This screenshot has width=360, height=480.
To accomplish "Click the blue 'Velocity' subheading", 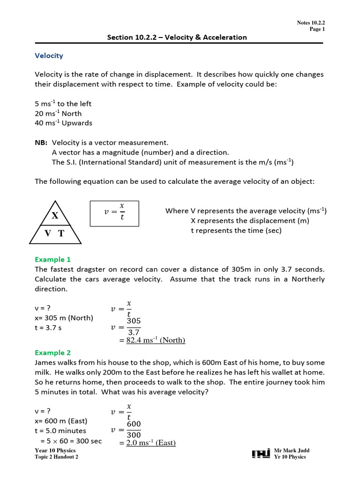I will (x=49, y=56).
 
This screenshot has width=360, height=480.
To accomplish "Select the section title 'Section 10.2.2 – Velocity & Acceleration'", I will (x=177, y=37).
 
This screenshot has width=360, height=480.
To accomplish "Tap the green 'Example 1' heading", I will (x=53, y=259).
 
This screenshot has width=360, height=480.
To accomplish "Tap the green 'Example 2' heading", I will (x=53, y=352).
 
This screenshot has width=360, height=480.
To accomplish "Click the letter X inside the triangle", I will (x=55, y=216).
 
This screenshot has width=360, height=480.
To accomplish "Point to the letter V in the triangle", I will (x=48, y=233).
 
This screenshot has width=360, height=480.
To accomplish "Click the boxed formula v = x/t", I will (x=115, y=213).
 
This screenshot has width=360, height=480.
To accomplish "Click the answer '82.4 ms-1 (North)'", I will (x=156, y=340).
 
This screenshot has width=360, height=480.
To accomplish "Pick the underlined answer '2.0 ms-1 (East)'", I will (x=151, y=442).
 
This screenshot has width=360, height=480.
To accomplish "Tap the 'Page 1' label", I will (x=317, y=29).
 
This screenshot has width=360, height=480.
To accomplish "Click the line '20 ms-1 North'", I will (x=58, y=113).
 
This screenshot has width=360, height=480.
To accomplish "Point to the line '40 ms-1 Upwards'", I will (x=63, y=123).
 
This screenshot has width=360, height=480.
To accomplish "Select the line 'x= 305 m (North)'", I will (x=64, y=318).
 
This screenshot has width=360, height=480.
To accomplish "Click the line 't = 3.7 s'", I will (x=48, y=328).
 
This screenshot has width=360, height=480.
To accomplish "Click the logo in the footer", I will (x=260, y=454).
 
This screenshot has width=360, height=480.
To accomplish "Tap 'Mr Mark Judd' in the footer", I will (x=292, y=450).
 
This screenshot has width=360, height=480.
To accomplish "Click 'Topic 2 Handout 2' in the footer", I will (x=56, y=457).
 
